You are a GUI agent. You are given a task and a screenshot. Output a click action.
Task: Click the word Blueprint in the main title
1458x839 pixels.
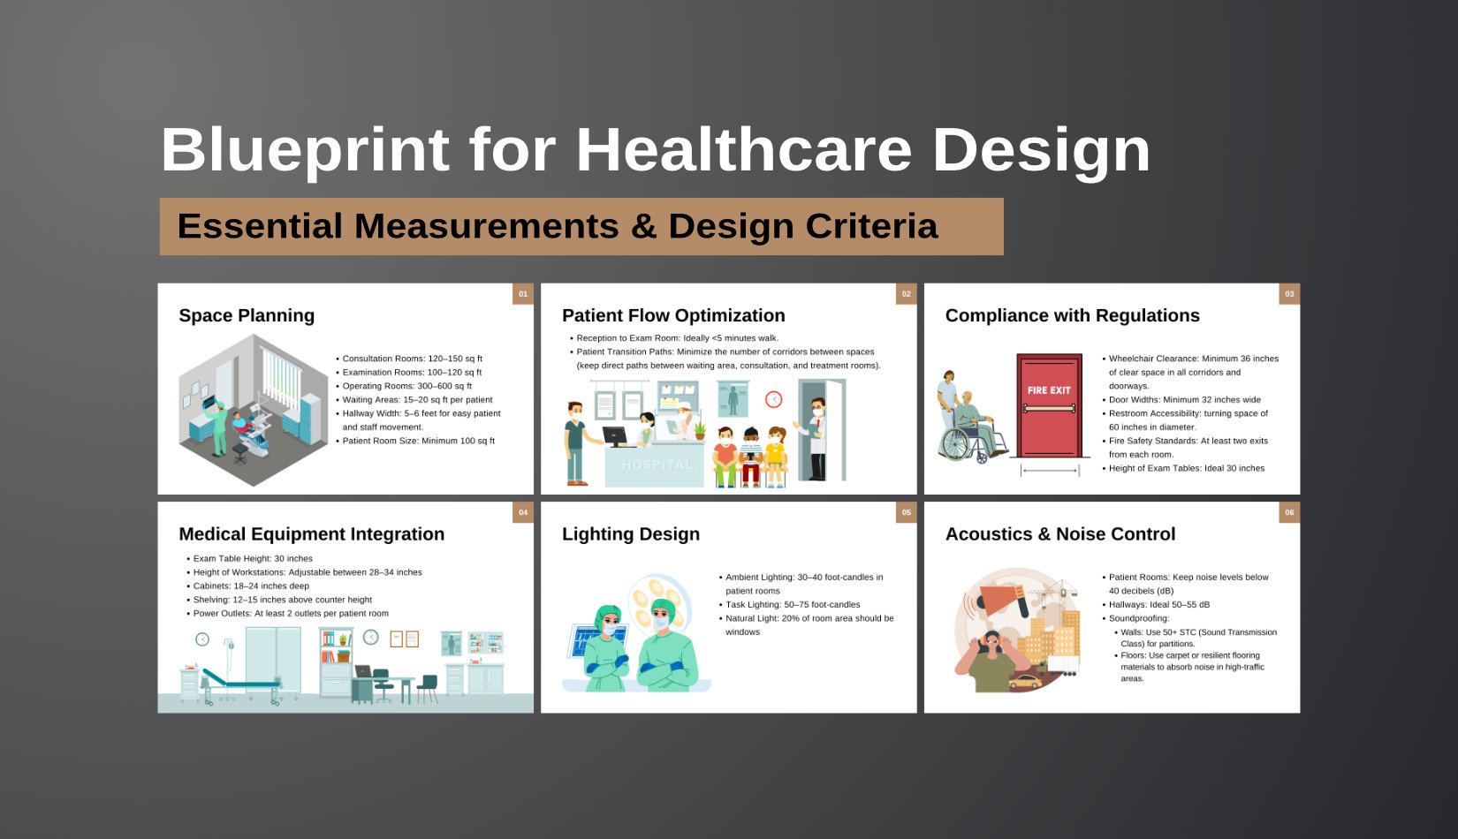coord(305,150)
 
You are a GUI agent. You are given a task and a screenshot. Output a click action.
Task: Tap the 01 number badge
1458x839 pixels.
coord(523,294)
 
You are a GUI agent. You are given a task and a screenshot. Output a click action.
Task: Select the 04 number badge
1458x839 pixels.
coord(523,512)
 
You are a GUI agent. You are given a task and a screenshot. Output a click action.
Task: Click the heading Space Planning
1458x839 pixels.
coord(247,315)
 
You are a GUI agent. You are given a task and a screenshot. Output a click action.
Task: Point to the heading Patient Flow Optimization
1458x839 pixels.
coord(673,315)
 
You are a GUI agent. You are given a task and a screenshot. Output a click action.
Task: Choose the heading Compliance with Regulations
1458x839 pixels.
coord(1072,315)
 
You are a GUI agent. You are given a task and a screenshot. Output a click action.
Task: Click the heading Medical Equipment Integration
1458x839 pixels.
coord(311,534)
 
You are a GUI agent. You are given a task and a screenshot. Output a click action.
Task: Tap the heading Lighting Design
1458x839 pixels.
coord(631,534)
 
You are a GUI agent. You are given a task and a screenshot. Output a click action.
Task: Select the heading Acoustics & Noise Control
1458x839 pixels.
coord(1060,534)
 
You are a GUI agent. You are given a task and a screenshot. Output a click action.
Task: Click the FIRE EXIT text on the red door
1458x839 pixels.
coord(1049,390)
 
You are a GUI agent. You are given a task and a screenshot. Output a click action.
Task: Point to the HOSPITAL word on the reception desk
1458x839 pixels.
coord(657,465)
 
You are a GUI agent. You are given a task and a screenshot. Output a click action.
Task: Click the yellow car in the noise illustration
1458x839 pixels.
coord(1025,682)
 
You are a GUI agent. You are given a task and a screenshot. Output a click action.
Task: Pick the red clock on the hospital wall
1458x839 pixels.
coord(773,399)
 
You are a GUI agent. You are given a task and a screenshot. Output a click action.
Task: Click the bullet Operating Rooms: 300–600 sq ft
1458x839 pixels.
coord(407,386)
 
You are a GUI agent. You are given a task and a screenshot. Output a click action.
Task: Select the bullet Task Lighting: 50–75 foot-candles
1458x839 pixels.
coord(793,605)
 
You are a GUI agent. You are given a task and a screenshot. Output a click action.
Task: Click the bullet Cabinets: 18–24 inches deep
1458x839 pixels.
coord(251,586)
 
